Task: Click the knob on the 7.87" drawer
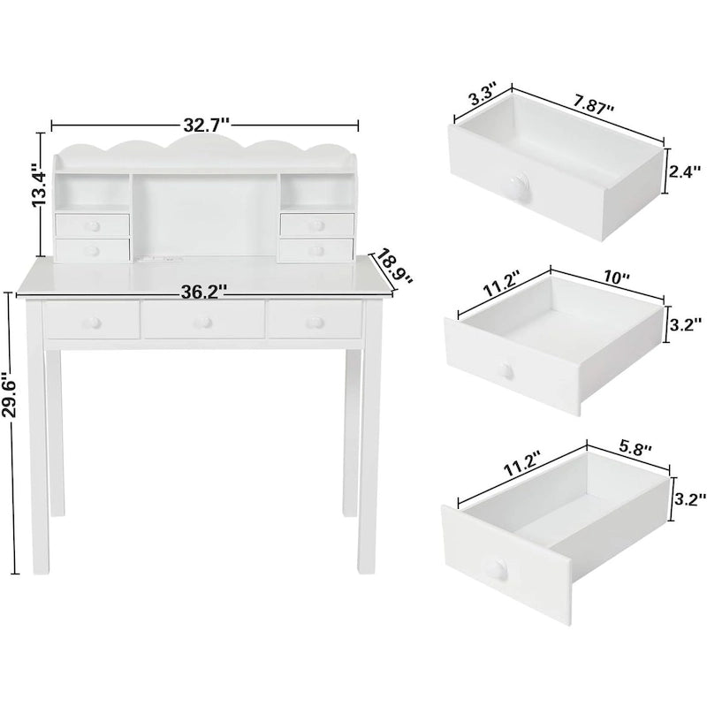coord(517,186)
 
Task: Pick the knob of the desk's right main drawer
coord(313,323)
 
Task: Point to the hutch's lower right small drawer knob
coord(316,249)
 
